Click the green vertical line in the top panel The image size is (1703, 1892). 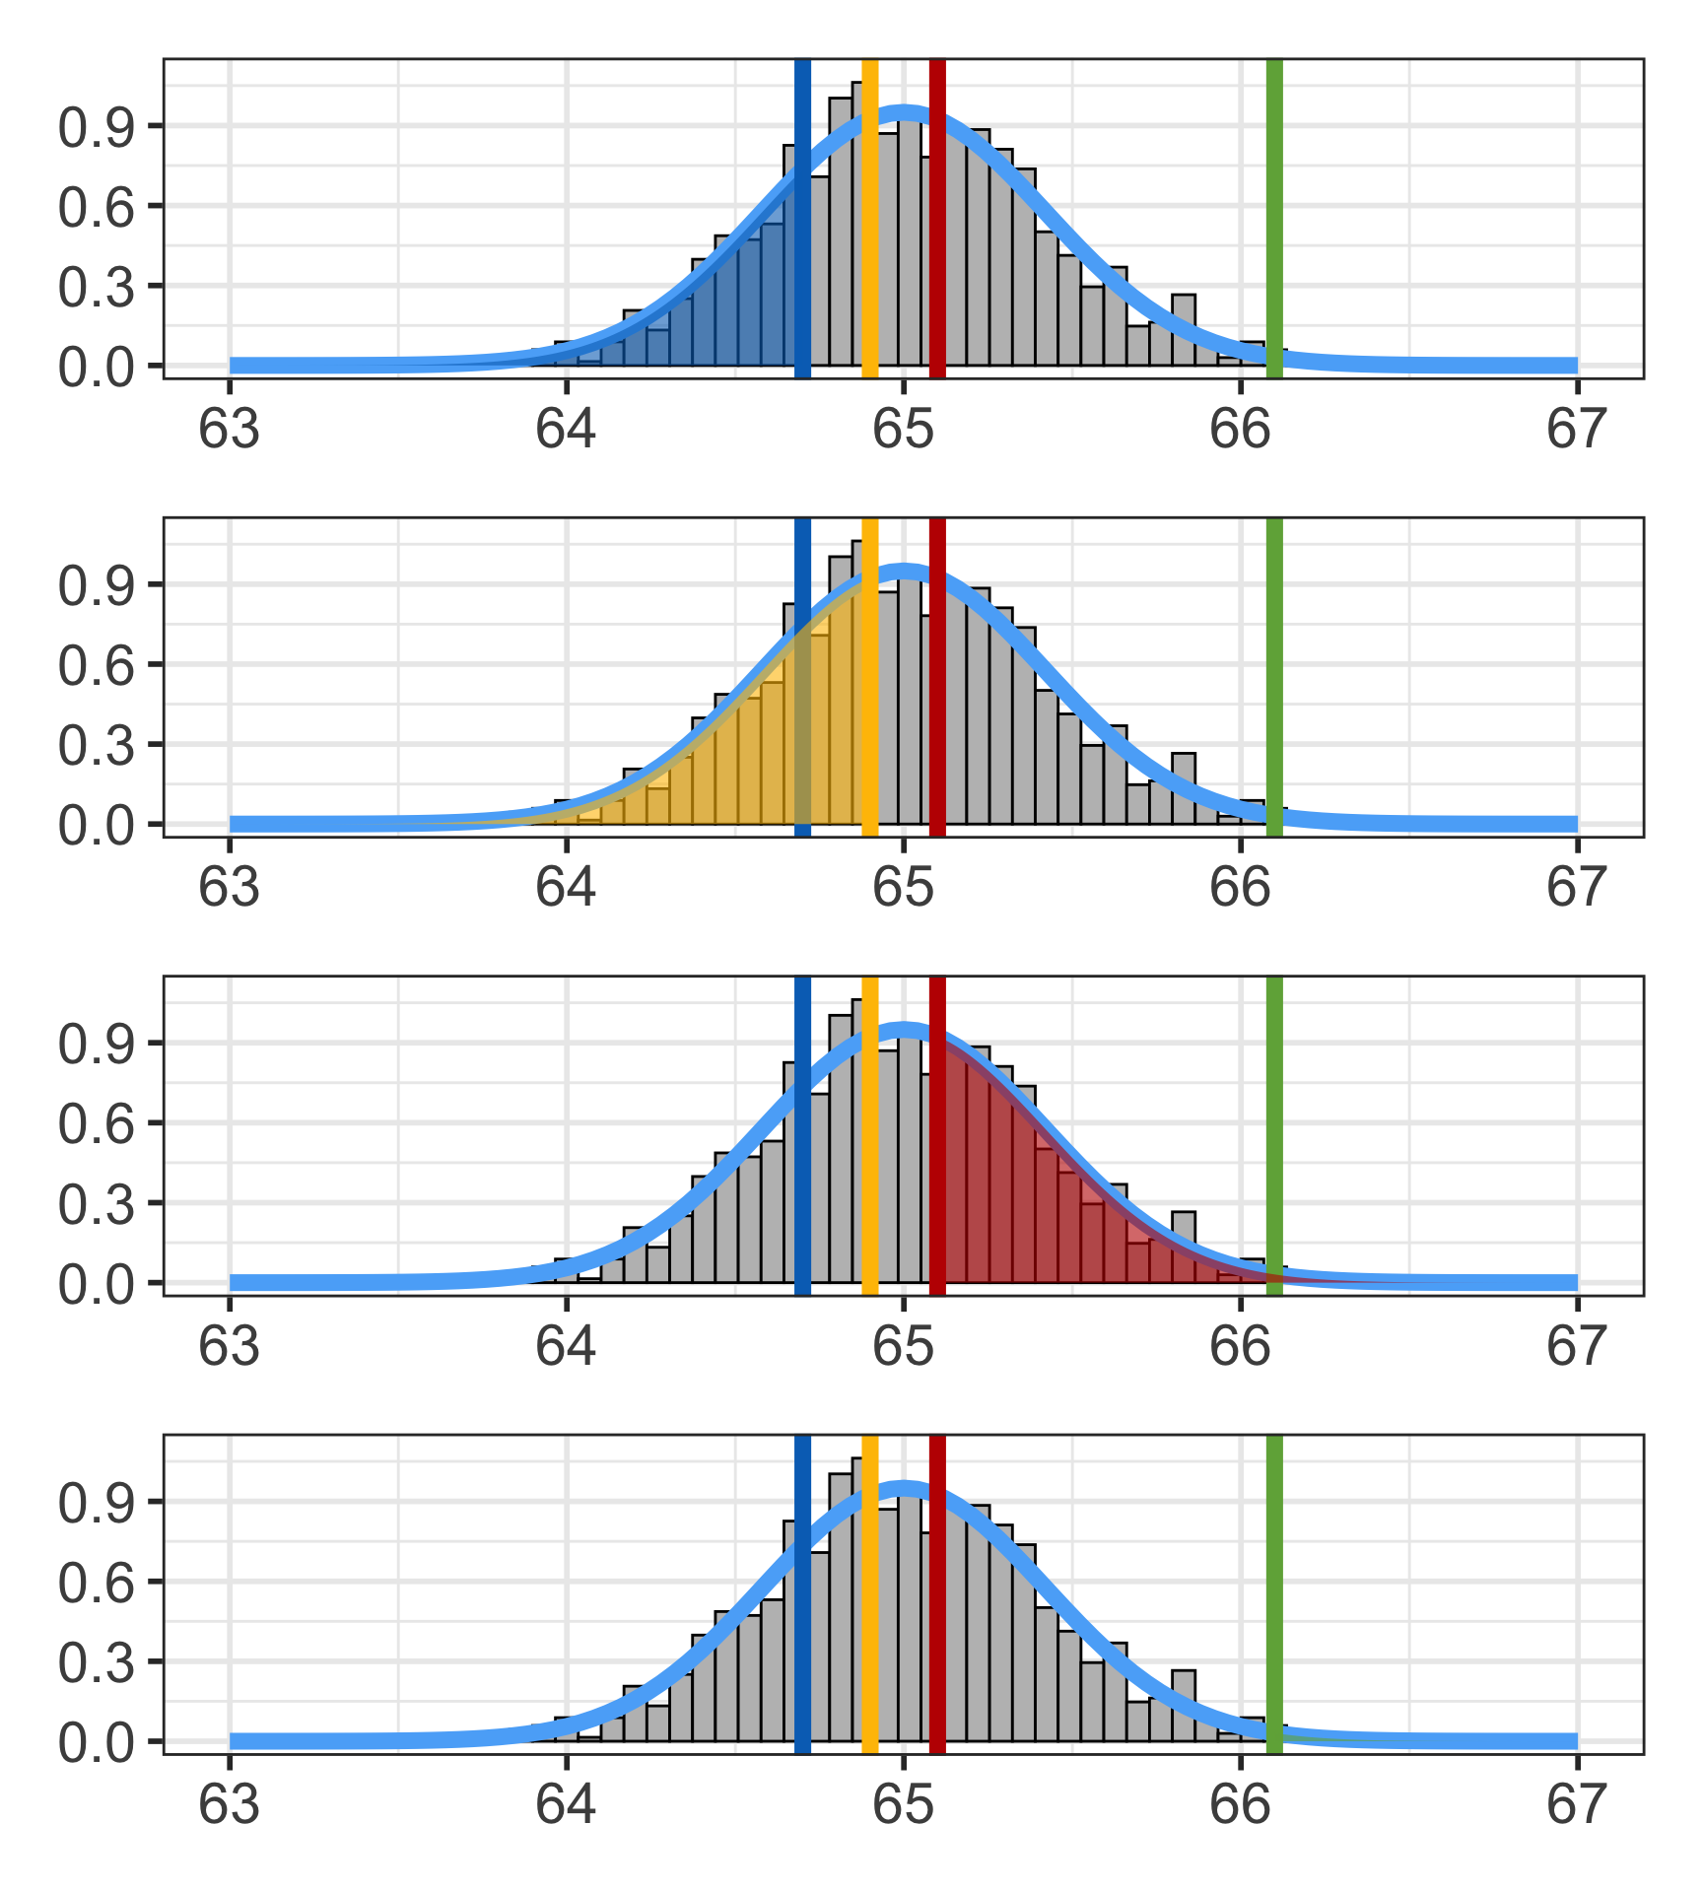(x=1273, y=217)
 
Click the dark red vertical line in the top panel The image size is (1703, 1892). (x=937, y=217)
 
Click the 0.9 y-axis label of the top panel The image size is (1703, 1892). (x=96, y=126)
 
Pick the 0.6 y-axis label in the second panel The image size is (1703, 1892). (x=96, y=665)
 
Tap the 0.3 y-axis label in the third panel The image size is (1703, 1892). (x=96, y=1204)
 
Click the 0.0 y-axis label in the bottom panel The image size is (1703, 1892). (x=96, y=1742)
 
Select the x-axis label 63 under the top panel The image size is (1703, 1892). (x=229, y=430)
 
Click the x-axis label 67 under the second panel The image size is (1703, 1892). (x=1577, y=888)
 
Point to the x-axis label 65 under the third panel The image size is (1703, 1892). (x=903, y=1347)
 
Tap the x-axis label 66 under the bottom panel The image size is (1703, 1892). (x=1240, y=1805)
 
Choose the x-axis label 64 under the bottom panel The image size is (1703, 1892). (x=566, y=1805)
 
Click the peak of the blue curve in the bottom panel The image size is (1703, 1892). (x=903, y=1489)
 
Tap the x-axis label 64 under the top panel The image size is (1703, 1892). (x=566, y=430)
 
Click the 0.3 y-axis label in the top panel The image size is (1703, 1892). (x=96, y=287)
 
